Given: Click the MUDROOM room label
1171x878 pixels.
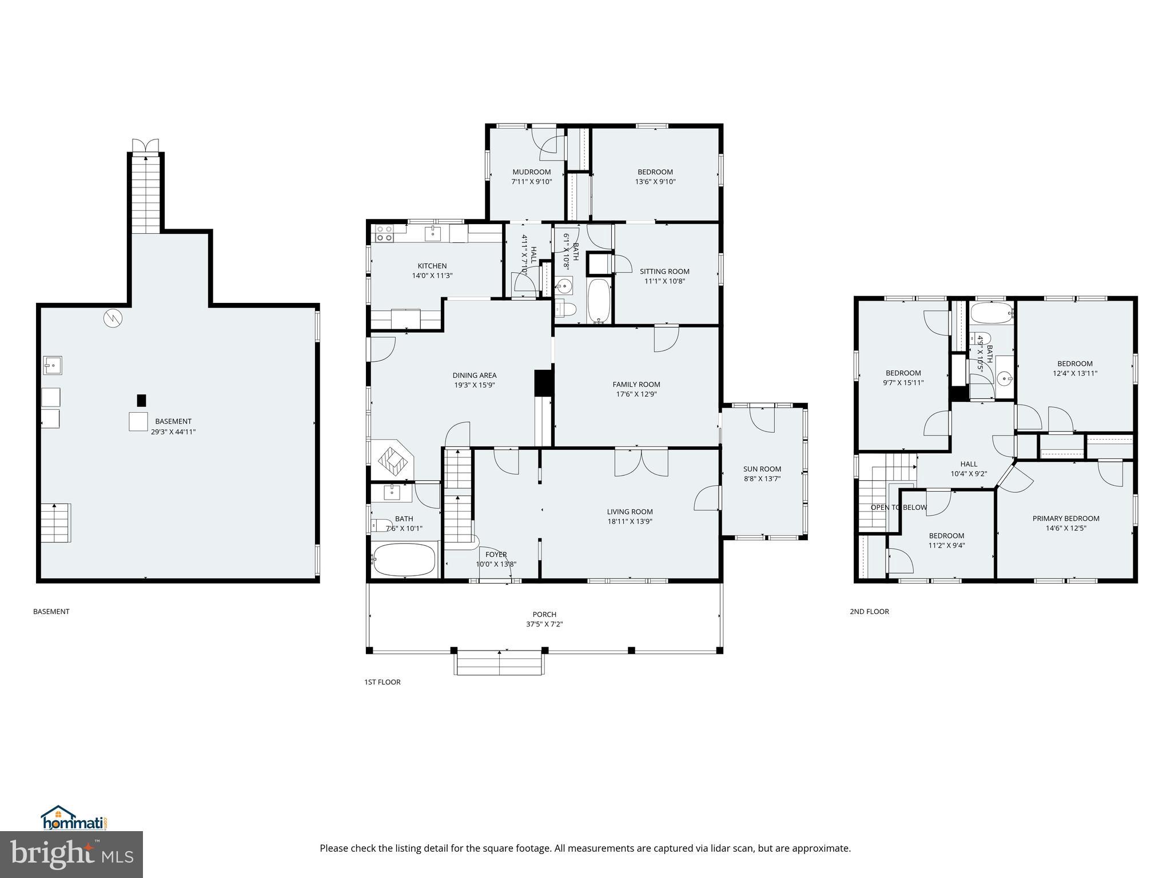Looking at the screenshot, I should (531, 172).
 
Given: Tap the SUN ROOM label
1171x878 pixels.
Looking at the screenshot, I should (762, 469).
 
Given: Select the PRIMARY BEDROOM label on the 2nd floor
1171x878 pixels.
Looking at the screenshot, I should (1066, 518).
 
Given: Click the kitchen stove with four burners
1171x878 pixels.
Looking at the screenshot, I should (384, 233).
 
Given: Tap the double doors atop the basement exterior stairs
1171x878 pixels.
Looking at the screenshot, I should (145, 145).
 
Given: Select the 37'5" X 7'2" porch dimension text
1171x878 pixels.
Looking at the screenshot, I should (544, 624).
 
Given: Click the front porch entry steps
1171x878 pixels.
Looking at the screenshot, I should (499, 663).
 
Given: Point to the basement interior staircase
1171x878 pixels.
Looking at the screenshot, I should (55, 522).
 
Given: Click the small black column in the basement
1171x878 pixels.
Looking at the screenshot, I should (141, 400).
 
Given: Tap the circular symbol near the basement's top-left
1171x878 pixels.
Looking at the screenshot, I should (113, 318).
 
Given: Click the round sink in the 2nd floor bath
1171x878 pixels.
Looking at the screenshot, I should (1004, 378).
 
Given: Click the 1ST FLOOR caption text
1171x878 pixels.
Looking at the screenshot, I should (382, 682).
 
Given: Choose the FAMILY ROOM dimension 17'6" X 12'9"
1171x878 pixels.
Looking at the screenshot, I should (636, 394).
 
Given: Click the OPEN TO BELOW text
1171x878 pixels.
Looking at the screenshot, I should (898, 508).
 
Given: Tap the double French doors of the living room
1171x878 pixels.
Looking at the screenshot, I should (641, 462).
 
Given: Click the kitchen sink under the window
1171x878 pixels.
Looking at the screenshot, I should (433, 233).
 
